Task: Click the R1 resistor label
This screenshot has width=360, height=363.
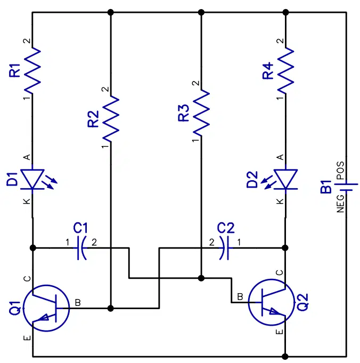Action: point(14,70)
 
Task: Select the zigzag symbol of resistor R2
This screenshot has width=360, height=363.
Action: point(111,119)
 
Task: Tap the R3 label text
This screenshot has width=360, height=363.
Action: point(184,113)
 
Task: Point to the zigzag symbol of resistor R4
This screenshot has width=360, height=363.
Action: point(285,70)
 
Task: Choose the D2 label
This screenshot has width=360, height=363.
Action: point(252,180)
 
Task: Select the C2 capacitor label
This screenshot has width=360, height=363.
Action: point(226,228)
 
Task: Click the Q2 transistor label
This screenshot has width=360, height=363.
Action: point(302,302)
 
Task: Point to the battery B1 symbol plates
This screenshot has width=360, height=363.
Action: point(346,187)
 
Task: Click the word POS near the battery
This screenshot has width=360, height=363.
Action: point(340,171)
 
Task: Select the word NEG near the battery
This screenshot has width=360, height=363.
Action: point(340,204)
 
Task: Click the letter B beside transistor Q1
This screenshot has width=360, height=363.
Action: point(78,303)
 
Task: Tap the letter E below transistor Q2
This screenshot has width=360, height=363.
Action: point(280,332)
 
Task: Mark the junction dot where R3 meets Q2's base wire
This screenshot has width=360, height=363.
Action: point(201,278)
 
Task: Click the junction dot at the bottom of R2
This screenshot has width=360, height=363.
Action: point(111,309)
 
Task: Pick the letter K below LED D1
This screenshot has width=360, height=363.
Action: point(27,201)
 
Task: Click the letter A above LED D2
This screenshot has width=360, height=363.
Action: point(280,157)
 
